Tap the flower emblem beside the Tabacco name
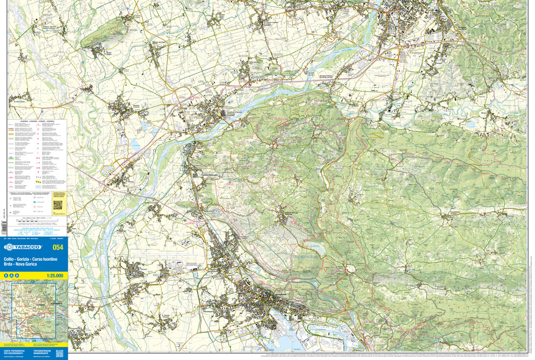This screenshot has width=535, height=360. pos(9,247)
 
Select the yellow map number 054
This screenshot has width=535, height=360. pos(57,247)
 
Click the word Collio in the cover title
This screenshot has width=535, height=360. pos(9,260)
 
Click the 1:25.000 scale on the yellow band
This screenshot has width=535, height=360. pos(54,276)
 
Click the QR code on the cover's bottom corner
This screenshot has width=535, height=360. pos(59,354)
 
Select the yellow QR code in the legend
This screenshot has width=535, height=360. pos(57,204)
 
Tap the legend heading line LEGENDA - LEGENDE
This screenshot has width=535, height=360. pos(37,121)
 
